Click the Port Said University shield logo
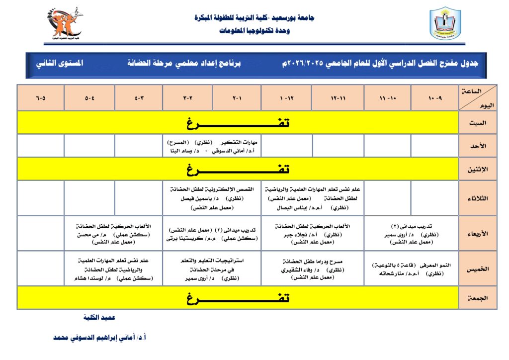(445, 23)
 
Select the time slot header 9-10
(434, 97)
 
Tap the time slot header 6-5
(41, 97)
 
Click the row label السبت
(478, 122)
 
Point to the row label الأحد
(478, 146)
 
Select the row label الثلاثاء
(478, 198)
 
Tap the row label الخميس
(478, 269)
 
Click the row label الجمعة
(478, 298)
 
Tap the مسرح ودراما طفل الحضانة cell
(312, 269)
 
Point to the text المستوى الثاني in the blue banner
(59, 64)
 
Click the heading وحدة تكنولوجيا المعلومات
(254, 31)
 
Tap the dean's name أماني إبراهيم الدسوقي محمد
(99, 338)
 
